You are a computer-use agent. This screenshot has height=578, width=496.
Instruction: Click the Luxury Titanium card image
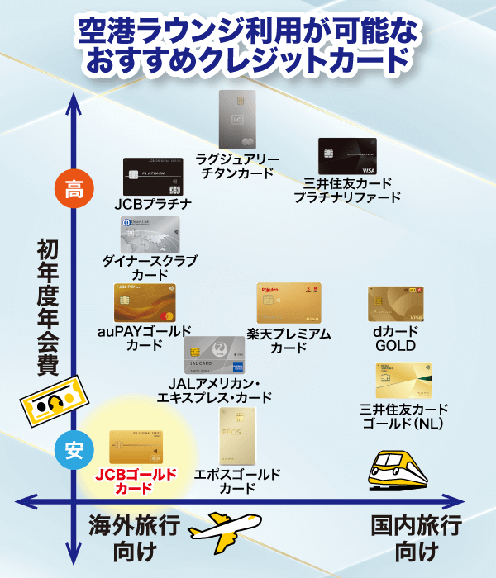tap(237, 120)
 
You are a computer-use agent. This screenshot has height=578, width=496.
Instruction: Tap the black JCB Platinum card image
tap(150, 177)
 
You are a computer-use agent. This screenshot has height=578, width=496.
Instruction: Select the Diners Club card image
tap(150, 235)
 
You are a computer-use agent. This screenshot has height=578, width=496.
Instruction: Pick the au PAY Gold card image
tap(145, 304)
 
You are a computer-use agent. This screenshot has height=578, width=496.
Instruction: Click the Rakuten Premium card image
tap(289, 304)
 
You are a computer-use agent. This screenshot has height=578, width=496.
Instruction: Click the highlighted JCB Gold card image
tap(136, 447)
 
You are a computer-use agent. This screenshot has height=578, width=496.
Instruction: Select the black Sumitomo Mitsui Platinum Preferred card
tap(347, 156)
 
